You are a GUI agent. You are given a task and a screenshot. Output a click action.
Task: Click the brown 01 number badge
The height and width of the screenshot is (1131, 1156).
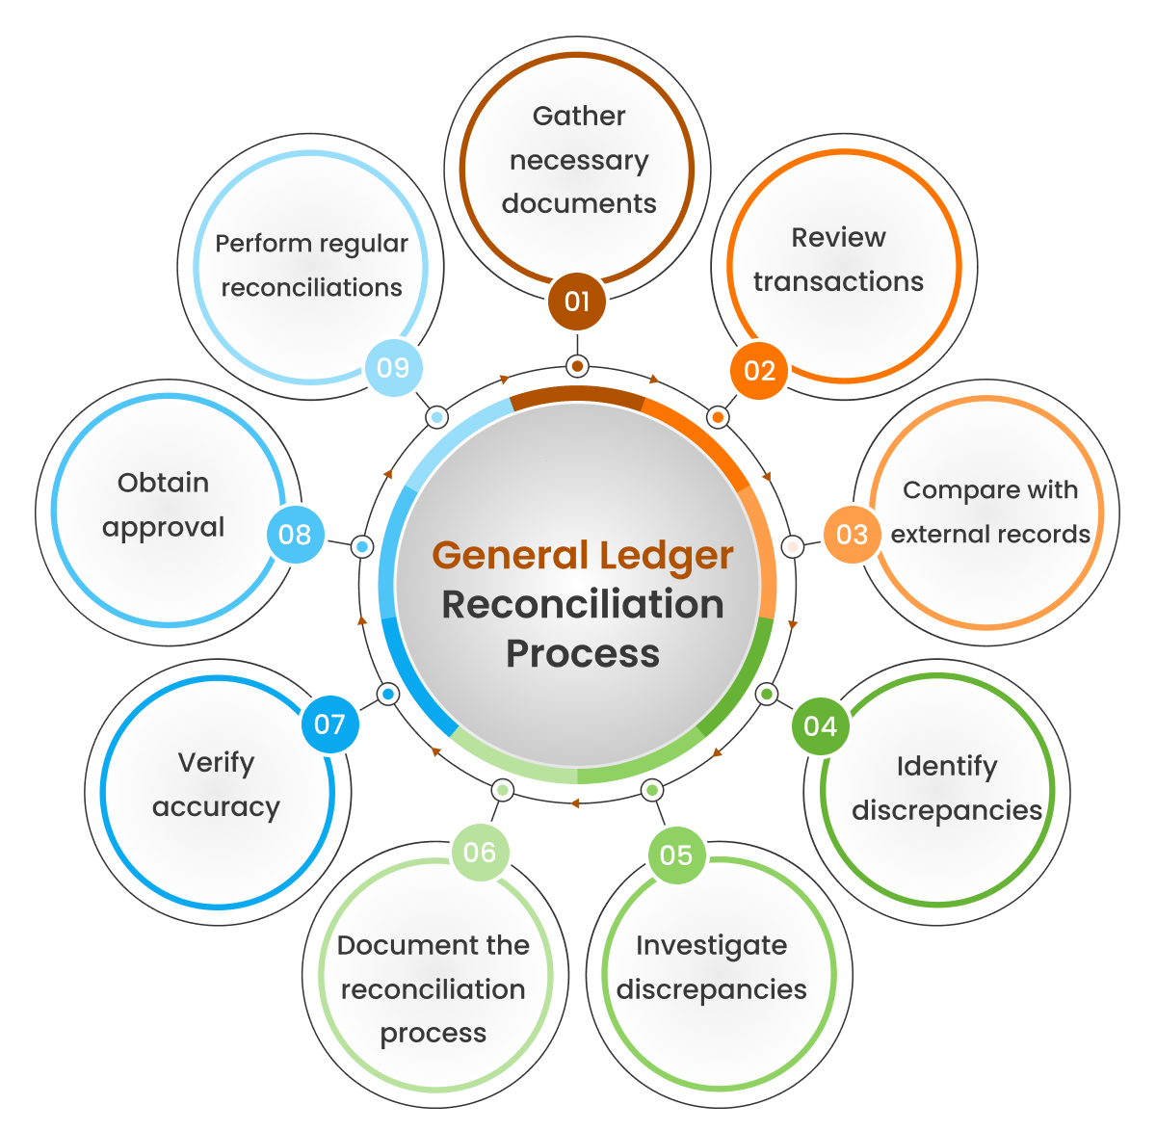point(577,302)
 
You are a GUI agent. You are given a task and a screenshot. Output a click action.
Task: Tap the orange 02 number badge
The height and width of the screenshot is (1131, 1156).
point(759,371)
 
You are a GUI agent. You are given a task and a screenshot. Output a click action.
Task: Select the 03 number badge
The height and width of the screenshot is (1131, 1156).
point(852,535)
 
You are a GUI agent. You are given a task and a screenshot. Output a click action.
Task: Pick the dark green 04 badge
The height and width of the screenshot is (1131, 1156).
point(820,726)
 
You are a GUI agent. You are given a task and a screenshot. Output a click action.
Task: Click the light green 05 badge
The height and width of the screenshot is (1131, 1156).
point(676,855)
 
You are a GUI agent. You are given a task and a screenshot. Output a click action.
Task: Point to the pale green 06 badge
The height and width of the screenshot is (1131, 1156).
point(480,853)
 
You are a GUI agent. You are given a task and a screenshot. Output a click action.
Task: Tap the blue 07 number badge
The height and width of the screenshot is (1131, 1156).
point(329,724)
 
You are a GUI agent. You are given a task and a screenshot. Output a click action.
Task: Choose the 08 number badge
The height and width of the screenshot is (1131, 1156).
point(295,535)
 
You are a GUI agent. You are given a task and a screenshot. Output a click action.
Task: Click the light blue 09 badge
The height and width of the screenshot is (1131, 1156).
point(393,368)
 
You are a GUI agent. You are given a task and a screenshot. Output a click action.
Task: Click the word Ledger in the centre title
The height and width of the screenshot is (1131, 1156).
point(667,556)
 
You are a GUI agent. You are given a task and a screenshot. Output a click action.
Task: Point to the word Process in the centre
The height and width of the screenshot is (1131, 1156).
point(583,654)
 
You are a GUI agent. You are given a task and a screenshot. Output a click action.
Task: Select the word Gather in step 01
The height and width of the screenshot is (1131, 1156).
point(579,117)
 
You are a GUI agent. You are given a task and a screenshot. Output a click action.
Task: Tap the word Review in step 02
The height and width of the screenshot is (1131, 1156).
point(838,238)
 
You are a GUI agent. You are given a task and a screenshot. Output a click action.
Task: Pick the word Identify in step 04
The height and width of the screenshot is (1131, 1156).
point(947,767)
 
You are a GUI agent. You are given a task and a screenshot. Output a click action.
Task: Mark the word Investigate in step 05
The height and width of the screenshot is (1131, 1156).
point(711,946)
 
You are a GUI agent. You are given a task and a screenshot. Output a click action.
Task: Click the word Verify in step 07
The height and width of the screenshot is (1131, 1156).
point(216,763)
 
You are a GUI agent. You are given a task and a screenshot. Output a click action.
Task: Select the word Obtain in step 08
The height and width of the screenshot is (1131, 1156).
point(163,483)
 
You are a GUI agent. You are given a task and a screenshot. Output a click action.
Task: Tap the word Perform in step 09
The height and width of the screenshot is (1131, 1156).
point(260,244)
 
